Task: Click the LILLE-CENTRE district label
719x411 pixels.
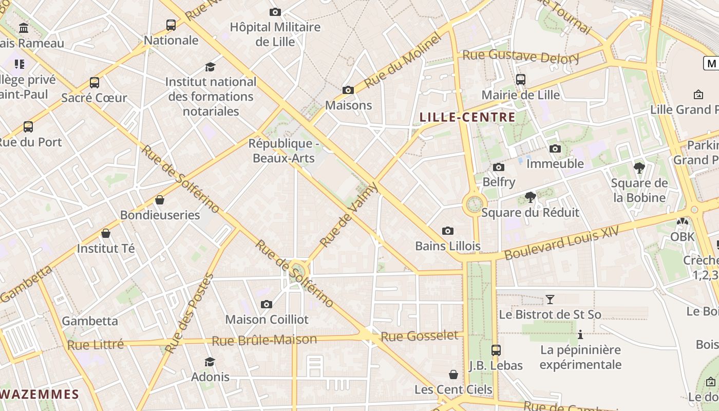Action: point(467,117)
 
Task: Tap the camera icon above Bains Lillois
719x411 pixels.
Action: point(448,231)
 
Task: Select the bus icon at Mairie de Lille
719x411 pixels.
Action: point(521,80)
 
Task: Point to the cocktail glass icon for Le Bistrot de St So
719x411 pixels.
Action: point(550,299)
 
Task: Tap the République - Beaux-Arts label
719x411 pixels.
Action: point(283,151)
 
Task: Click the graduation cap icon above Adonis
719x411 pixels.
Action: point(210,362)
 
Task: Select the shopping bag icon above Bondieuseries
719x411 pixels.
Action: point(160,200)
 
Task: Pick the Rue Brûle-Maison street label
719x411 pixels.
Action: point(264,340)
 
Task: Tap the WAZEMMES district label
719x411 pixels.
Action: point(40,395)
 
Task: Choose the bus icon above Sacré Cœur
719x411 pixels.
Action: point(94,83)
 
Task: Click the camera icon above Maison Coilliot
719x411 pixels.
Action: point(266,304)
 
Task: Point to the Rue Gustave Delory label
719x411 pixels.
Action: point(521,56)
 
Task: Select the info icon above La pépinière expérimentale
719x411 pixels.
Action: point(580,335)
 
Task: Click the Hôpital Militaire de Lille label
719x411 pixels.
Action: point(275,34)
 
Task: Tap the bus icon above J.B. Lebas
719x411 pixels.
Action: point(496,350)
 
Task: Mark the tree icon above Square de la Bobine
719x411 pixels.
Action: point(639,168)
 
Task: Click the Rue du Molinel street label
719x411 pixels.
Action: point(403,60)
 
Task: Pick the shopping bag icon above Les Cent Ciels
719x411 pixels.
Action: point(453,375)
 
